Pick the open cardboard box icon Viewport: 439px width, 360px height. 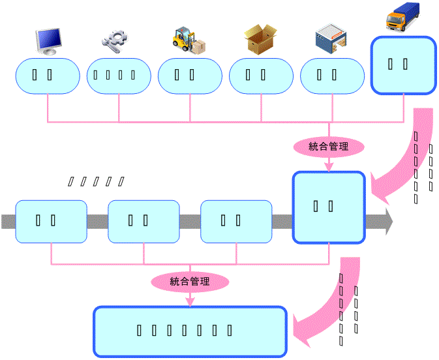click(x=262, y=39)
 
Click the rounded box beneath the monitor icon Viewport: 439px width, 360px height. click(x=47, y=75)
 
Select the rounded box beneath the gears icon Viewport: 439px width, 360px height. click(x=119, y=75)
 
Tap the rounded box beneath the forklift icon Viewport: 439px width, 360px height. click(x=190, y=75)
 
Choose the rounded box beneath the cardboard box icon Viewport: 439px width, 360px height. click(x=261, y=75)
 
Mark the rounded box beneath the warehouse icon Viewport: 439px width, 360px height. click(x=332, y=75)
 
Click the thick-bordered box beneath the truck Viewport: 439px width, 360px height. click(x=402, y=65)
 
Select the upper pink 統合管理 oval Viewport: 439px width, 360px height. click(x=328, y=146)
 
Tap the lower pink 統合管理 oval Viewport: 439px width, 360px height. click(x=190, y=282)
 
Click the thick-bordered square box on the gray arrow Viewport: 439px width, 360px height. click(x=328, y=207)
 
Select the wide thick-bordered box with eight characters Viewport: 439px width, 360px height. click(x=190, y=331)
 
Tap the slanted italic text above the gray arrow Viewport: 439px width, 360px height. click(x=97, y=181)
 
